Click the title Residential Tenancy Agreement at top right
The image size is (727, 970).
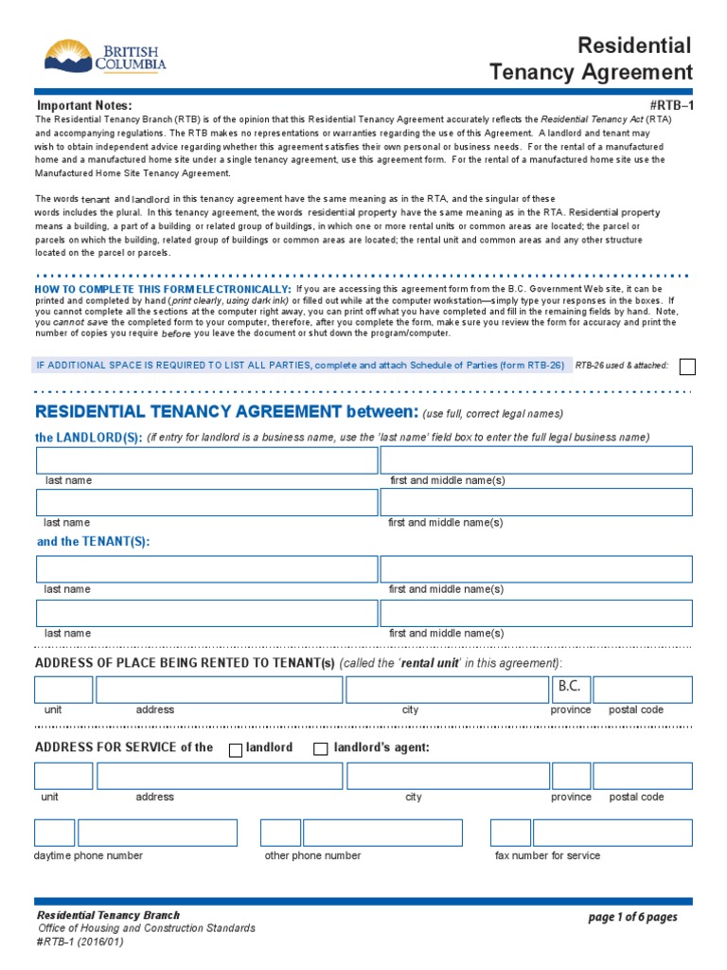click(x=590, y=59)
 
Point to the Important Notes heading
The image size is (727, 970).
click(x=84, y=105)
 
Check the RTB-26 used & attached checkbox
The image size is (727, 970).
click(x=688, y=367)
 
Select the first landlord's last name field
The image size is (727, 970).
click(x=206, y=460)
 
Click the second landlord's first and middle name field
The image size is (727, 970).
click(x=536, y=502)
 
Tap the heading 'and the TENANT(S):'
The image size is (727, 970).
click(x=93, y=542)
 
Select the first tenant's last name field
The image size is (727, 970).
click(x=206, y=569)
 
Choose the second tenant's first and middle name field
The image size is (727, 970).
click(x=536, y=613)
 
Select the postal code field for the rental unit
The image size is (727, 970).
click(x=642, y=690)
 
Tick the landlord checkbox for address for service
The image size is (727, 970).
click(x=236, y=749)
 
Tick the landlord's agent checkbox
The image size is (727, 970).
click(x=320, y=749)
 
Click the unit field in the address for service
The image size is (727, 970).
click(x=63, y=776)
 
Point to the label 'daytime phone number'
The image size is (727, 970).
click(x=89, y=855)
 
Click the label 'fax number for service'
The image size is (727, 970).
click(x=547, y=855)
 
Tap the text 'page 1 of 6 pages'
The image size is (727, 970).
click(x=632, y=917)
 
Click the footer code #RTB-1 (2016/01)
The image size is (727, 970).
click(x=80, y=942)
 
